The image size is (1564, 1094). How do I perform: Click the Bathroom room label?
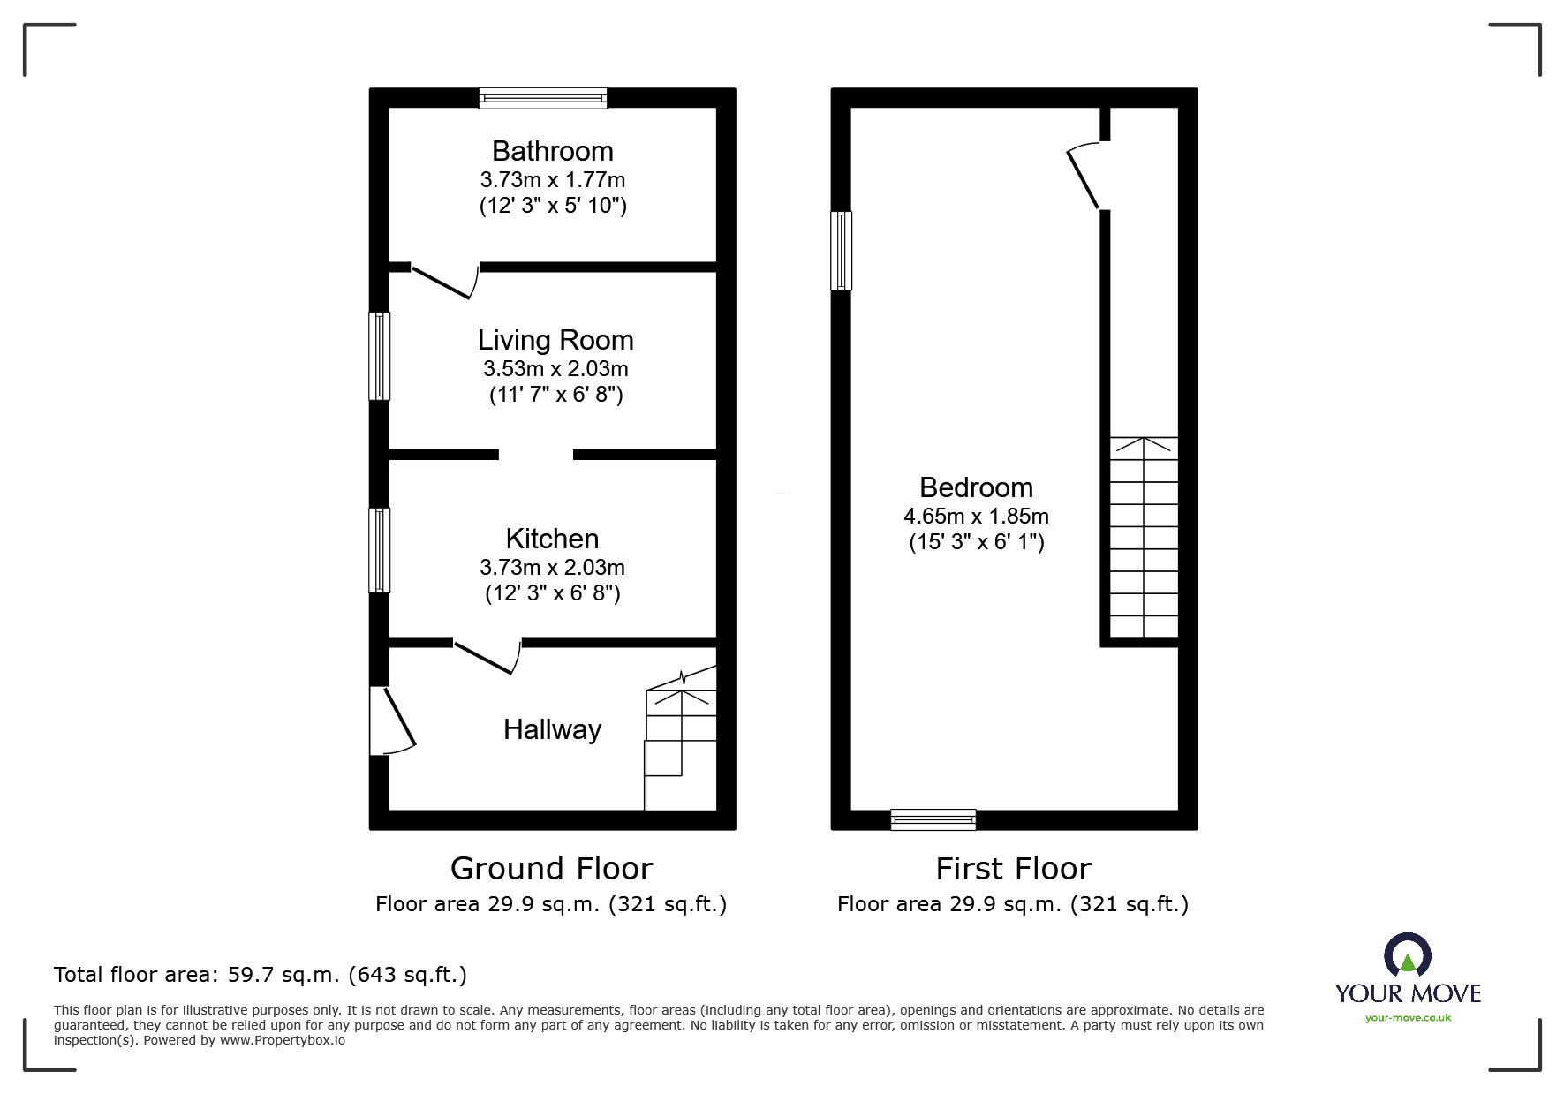[x=552, y=151]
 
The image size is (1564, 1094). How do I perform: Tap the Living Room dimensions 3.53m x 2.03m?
[x=555, y=368]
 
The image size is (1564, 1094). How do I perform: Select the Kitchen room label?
[x=552, y=539]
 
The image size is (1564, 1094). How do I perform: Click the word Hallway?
[x=552, y=729]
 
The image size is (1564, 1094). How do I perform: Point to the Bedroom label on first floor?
[x=976, y=487]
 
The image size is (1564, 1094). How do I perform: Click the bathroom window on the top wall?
[x=543, y=97]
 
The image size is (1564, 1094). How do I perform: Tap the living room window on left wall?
[x=379, y=356]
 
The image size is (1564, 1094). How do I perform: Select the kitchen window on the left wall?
[x=379, y=549]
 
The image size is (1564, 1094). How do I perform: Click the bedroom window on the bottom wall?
[x=933, y=819]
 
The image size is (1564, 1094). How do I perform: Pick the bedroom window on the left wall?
[x=841, y=251]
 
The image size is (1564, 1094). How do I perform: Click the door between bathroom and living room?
[x=444, y=281]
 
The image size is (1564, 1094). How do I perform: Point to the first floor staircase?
[x=1144, y=537]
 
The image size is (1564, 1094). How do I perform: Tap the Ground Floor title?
[x=551, y=869]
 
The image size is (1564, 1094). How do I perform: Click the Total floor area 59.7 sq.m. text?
[x=261, y=975]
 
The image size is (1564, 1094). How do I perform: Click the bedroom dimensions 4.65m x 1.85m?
[x=976, y=517]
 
